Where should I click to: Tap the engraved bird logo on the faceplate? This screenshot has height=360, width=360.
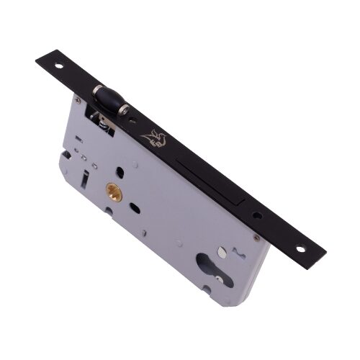point(155,137)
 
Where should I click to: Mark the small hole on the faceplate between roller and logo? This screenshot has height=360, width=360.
point(137,120)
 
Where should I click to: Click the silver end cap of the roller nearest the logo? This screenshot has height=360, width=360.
point(127,112)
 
